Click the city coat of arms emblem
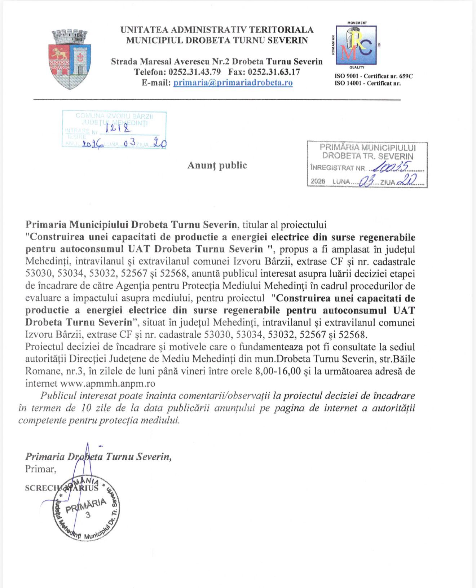70,60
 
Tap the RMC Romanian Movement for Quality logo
356,45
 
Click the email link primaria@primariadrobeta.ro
233,83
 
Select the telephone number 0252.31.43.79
195,72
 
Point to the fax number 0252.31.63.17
274,72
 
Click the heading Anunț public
217,165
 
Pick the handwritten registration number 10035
391,166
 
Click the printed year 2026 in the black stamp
318,181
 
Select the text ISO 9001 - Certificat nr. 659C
374,76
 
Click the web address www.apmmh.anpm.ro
107,383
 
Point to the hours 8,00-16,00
278,371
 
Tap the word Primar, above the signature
41,469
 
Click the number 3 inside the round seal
88,515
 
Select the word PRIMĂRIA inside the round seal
86,506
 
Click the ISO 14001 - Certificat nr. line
367,83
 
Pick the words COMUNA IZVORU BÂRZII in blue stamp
114,116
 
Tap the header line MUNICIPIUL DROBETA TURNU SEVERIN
217,40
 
